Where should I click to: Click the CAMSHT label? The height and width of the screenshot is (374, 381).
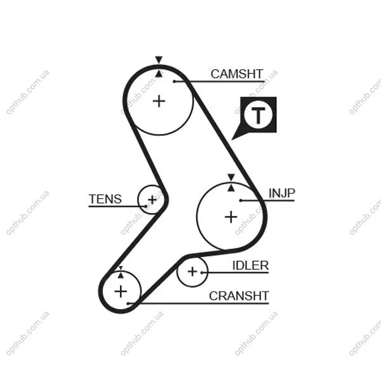237,74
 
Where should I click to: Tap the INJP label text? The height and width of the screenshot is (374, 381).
281,193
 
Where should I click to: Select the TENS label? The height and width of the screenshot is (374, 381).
105,199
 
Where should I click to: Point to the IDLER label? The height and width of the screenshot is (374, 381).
251,265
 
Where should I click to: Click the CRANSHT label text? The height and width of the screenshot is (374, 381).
239,296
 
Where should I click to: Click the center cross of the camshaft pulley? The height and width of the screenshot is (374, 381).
159,101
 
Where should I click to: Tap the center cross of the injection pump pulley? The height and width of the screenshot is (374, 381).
231,217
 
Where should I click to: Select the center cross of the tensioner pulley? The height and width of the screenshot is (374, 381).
152,200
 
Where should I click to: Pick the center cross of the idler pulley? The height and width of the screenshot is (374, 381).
192,272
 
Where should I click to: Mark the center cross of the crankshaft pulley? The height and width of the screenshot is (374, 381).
121,291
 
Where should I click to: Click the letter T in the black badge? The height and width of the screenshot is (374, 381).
258,116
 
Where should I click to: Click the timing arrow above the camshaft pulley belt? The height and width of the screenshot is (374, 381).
159,60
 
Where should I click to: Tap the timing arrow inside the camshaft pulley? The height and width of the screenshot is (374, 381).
159,74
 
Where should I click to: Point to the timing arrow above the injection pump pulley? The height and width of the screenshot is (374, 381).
231,177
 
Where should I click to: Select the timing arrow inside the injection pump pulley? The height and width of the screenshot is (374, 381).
231,187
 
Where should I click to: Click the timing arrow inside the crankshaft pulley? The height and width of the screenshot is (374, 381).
121,276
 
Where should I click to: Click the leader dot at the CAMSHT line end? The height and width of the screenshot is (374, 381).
175,81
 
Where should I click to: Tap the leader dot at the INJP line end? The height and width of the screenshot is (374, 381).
241,201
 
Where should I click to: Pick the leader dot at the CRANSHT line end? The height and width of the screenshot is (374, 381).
128,304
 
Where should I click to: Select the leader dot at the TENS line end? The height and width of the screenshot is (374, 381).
145,206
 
